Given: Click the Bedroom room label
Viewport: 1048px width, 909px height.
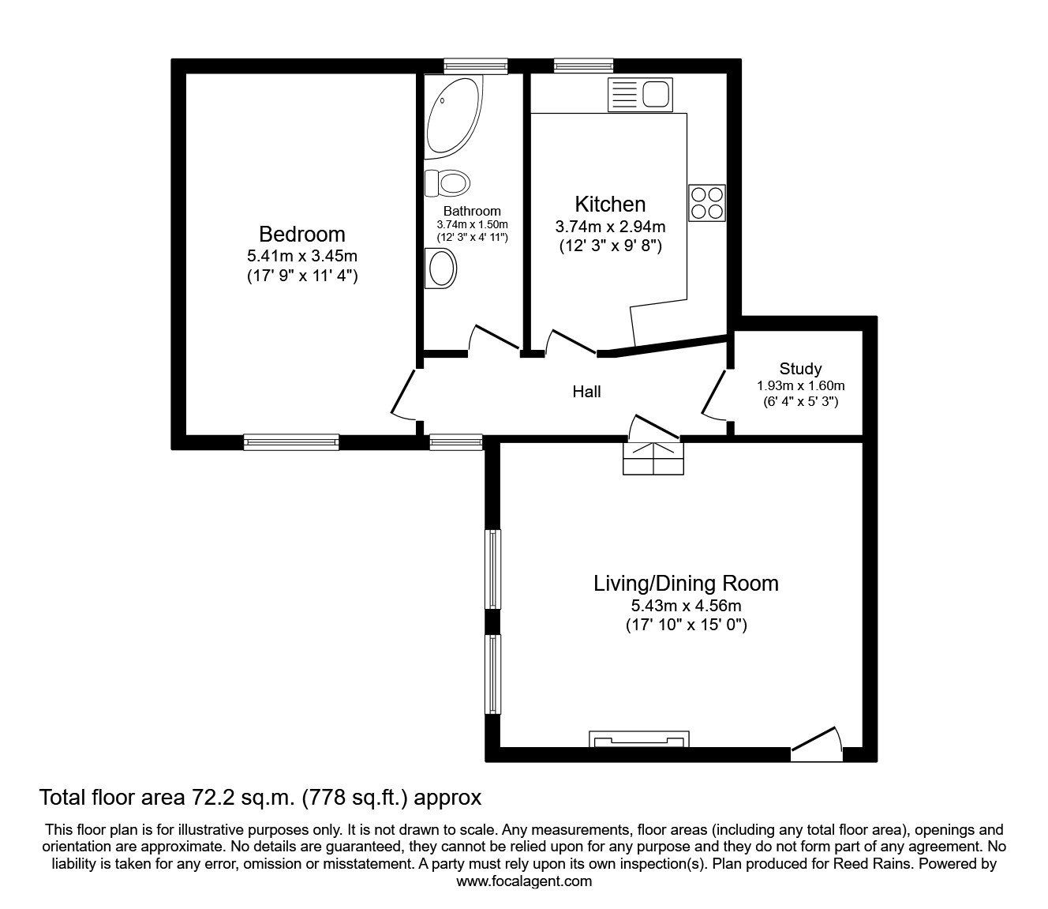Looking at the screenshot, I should pyautogui.click(x=302, y=234).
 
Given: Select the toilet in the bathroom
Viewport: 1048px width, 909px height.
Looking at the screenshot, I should pyautogui.click(x=447, y=183).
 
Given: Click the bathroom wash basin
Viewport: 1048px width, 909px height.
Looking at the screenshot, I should pyautogui.click(x=441, y=269).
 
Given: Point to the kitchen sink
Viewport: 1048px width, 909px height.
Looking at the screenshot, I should pyautogui.click(x=639, y=95).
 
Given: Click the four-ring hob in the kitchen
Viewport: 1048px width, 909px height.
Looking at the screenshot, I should pyautogui.click(x=706, y=202).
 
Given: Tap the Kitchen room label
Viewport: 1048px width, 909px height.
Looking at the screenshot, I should pyautogui.click(x=610, y=204).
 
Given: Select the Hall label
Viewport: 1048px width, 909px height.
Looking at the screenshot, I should pyautogui.click(x=586, y=392).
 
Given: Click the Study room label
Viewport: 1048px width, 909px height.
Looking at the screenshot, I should pyautogui.click(x=800, y=368).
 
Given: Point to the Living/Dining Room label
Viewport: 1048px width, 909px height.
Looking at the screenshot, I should pyautogui.click(x=686, y=584).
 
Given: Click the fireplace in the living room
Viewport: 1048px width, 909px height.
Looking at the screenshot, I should pyautogui.click(x=639, y=740).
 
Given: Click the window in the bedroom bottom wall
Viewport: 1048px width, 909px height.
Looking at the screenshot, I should pyautogui.click(x=291, y=442).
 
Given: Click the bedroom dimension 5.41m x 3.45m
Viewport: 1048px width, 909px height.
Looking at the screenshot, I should pyautogui.click(x=302, y=256).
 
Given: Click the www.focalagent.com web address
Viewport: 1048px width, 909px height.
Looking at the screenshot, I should pyautogui.click(x=524, y=881).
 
